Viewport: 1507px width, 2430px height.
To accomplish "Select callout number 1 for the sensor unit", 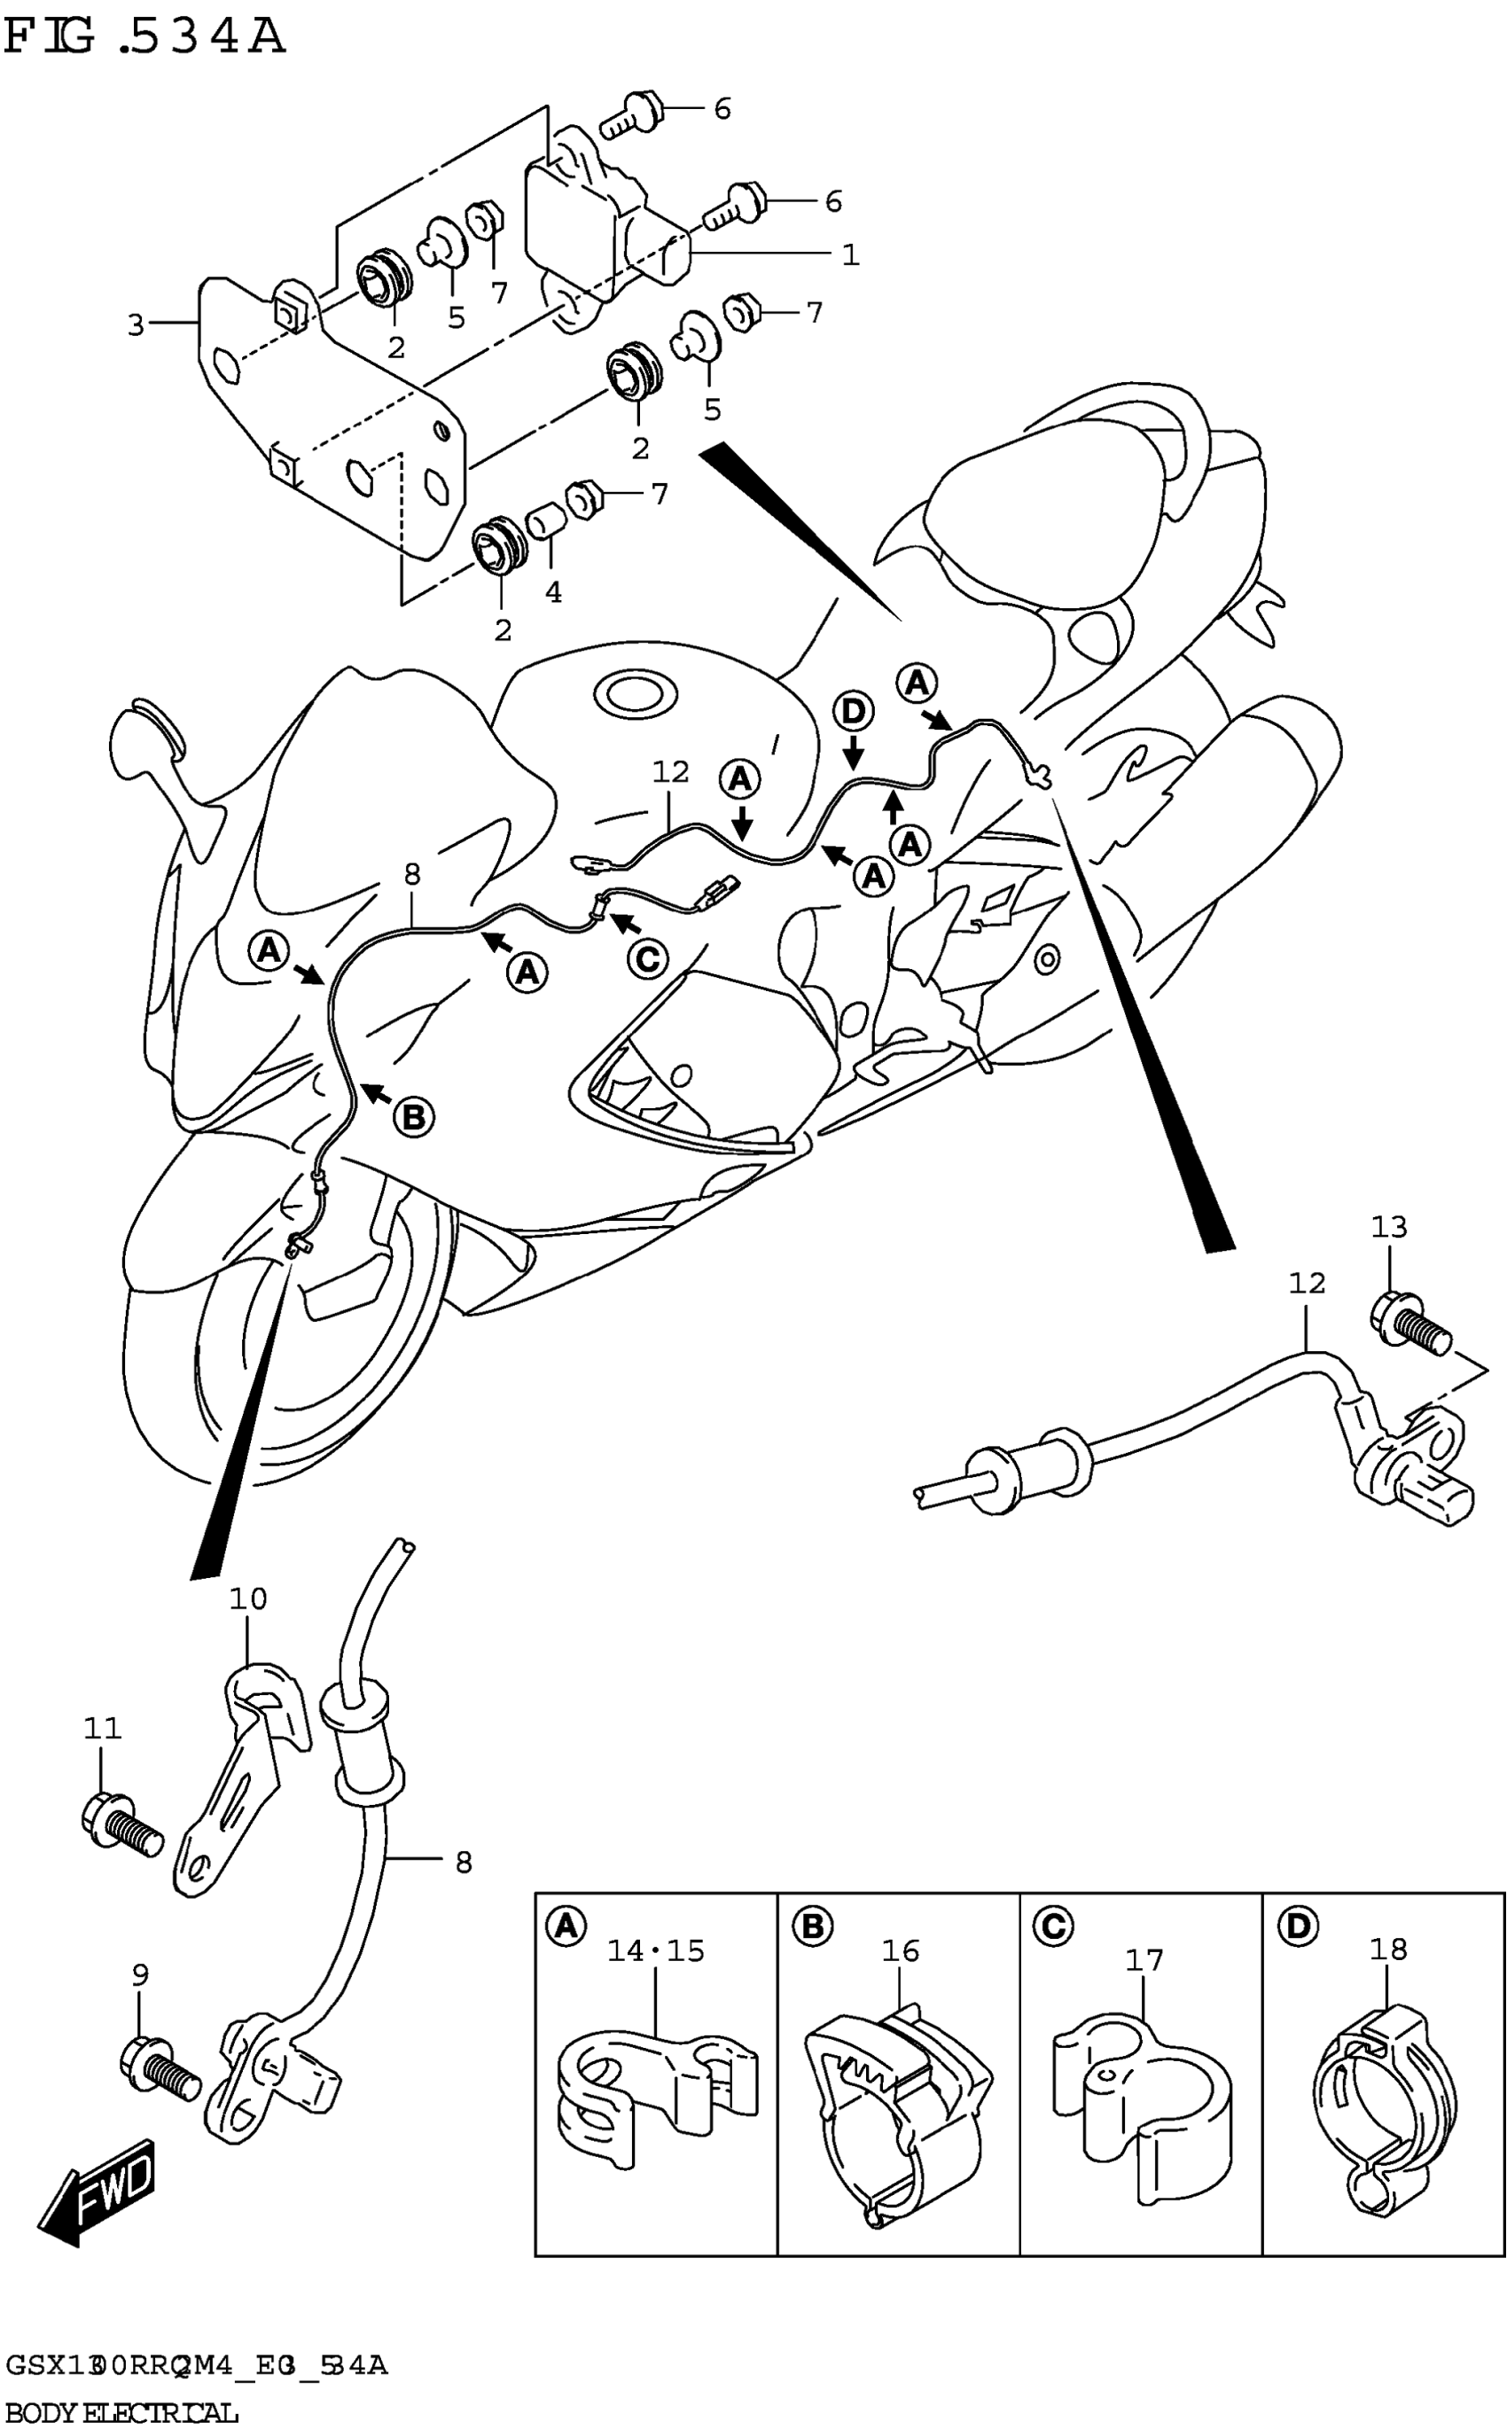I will (x=849, y=255).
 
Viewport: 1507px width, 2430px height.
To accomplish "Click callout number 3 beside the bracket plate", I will (x=137, y=325).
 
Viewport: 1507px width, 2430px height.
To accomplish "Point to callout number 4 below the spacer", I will (x=553, y=592).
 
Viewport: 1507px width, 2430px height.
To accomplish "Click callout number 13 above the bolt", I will (x=1388, y=1227).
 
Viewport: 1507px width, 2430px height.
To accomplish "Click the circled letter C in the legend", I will (x=1052, y=1926).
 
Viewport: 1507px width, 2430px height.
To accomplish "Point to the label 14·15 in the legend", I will (x=656, y=1950).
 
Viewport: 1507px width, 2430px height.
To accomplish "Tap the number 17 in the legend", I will (x=1144, y=1960).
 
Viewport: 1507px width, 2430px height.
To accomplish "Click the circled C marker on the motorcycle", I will (x=647, y=959).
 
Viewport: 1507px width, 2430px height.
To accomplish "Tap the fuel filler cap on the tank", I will (x=635, y=692).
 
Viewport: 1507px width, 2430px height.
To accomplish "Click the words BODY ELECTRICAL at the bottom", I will (x=121, y=2414).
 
